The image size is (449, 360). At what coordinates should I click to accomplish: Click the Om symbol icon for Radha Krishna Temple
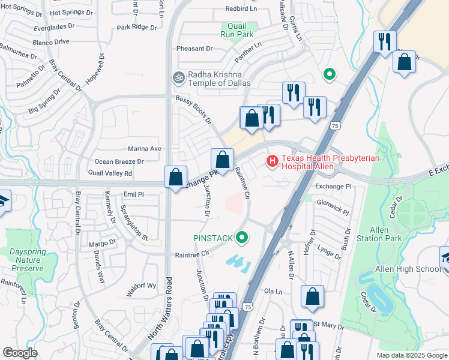(177, 77)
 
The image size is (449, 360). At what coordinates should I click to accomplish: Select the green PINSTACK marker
(242, 238)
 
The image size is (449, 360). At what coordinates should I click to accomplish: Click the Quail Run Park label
(240, 30)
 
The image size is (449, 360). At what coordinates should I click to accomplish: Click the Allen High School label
(408, 269)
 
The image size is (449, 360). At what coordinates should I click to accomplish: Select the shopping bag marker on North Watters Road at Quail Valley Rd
(175, 178)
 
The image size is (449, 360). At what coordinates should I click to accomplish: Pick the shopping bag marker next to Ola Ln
(312, 296)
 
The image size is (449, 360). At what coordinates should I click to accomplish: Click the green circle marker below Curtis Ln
(329, 74)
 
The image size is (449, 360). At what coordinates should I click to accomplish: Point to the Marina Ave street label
(145, 148)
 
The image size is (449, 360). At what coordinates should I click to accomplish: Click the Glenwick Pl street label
(333, 207)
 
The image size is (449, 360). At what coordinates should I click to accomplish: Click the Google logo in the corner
(20, 352)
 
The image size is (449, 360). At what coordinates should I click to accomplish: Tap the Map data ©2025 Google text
(411, 355)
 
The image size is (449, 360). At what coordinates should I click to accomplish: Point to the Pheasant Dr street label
(194, 49)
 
